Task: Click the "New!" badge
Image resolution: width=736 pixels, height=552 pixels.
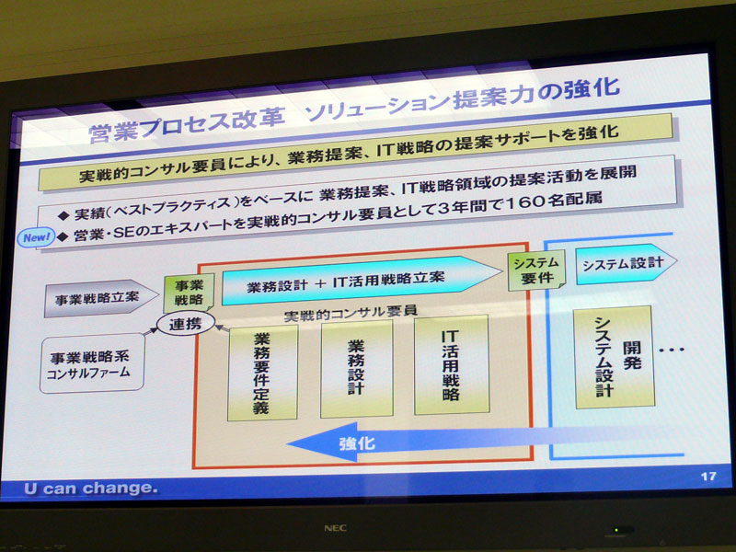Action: point(36,238)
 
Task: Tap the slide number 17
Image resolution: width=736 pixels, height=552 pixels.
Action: point(708,477)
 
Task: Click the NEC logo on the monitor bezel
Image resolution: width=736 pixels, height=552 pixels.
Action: point(335,528)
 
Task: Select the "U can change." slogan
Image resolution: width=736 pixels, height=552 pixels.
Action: point(90,489)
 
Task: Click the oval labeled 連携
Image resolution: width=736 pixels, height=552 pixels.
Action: point(186,324)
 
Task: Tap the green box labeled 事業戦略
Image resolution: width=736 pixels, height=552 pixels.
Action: point(189,293)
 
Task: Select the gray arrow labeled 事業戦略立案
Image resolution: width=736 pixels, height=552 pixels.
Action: point(101,298)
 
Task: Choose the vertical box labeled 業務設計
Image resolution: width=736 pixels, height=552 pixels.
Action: point(357,369)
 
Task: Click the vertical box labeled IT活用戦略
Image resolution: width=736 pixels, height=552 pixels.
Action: point(452,364)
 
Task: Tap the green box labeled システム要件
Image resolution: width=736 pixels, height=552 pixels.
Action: point(537,270)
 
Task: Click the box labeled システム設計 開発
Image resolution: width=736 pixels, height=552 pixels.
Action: point(615,357)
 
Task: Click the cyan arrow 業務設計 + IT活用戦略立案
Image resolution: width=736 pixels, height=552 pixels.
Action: point(362,281)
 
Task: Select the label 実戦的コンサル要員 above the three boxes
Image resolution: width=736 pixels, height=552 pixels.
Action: point(351,313)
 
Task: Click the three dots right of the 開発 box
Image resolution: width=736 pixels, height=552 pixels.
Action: point(672,350)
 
